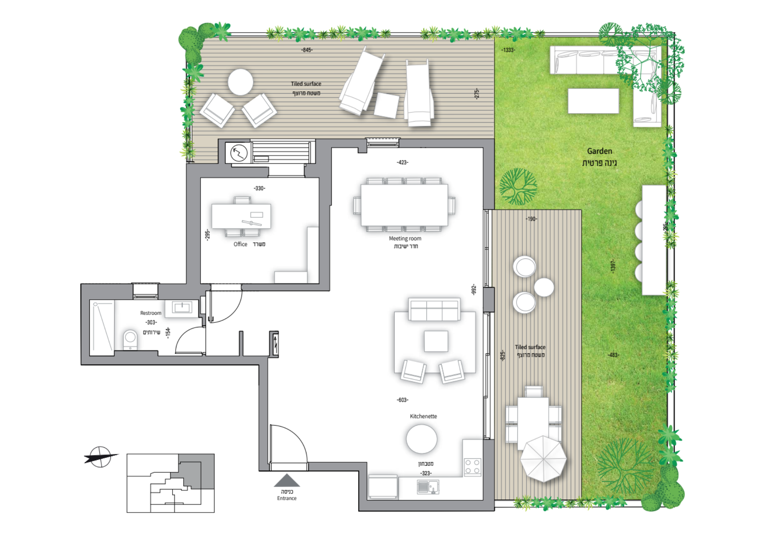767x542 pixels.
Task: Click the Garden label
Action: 599,151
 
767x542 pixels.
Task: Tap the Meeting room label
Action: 405,238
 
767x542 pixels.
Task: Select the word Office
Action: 240,244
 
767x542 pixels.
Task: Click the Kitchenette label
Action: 423,416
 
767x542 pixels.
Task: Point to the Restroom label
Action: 151,313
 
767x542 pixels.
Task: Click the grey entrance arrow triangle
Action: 286,480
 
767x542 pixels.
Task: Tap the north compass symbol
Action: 100,457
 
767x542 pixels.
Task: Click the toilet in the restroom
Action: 130,340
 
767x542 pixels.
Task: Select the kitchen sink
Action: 428,487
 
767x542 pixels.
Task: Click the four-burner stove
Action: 472,467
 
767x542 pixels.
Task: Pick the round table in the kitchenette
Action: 421,439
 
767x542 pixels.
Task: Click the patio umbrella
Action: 543,458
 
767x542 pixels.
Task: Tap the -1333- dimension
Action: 508,50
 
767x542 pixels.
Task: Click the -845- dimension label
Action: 307,50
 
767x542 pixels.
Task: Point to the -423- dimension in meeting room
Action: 402,163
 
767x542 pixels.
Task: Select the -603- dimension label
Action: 402,400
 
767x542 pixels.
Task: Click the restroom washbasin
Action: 182,307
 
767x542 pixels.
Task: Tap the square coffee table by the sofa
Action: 436,341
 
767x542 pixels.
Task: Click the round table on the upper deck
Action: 240,82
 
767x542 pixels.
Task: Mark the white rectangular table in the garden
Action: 593,101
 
